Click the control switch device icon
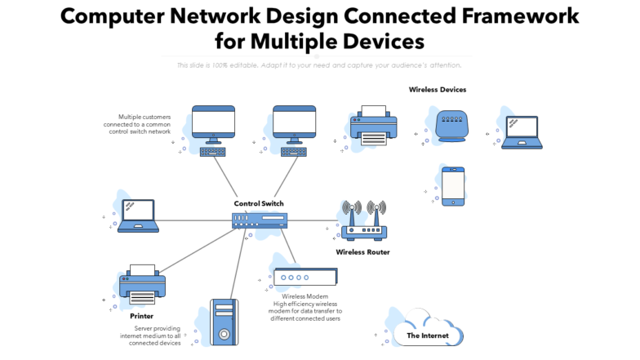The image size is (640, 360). pos(259,220)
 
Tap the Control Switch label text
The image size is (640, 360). pos(259,203)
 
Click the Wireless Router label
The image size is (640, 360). pos(362,252)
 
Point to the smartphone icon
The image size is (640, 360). pos(453,186)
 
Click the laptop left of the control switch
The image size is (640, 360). pos(140,216)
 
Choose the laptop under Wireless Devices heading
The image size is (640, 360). pos(522,132)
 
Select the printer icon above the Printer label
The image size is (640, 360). pos(143,284)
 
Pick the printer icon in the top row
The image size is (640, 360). pos(373,127)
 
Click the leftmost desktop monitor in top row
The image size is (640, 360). pos(213,124)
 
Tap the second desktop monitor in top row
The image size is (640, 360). pos(294,124)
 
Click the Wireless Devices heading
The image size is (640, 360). pos(438,90)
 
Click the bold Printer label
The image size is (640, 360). pos(141,316)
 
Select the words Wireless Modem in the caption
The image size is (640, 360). pos(305,296)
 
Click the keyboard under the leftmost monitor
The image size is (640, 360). pos(213,151)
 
